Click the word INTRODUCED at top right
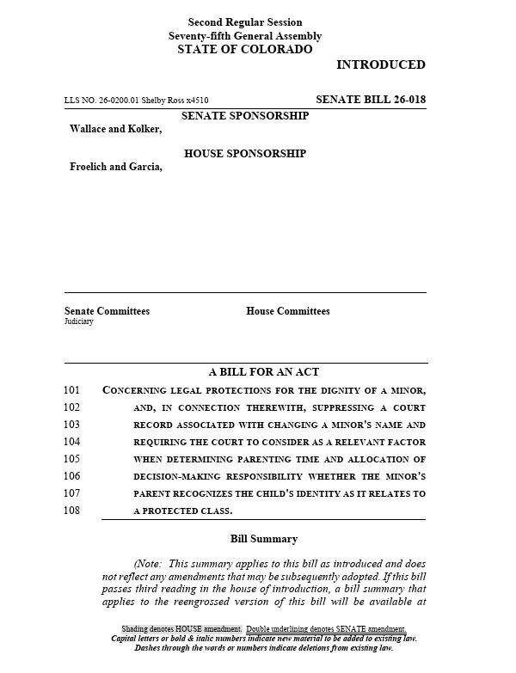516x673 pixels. (x=380, y=64)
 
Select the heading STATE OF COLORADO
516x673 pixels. (x=245, y=50)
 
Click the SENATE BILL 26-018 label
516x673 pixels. (x=370, y=100)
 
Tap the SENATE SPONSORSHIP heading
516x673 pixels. (x=245, y=116)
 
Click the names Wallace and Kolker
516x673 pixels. (x=115, y=129)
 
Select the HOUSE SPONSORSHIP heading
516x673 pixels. (x=245, y=154)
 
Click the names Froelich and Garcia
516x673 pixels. (x=115, y=167)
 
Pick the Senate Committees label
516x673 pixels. (x=107, y=311)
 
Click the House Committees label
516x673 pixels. (x=287, y=311)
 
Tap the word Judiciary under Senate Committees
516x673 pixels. (x=79, y=321)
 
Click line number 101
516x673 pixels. (x=71, y=390)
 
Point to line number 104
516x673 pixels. (x=71, y=442)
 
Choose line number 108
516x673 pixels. (x=71, y=511)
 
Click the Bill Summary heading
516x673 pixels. (x=264, y=539)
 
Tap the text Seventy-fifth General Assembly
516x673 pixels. (x=245, y=36)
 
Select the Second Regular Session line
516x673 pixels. (x=245, y=22)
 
